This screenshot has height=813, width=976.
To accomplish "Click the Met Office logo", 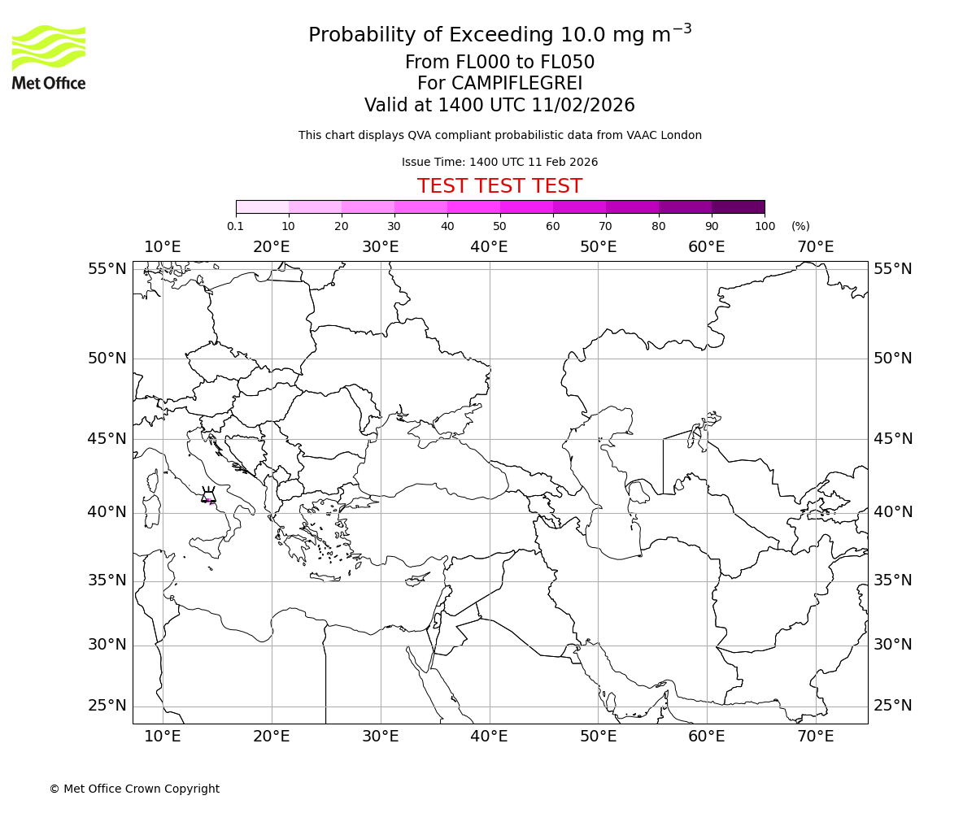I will (49, 57).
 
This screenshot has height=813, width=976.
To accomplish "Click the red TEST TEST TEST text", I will (499, 186).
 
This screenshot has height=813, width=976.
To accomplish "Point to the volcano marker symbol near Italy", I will (209, 496).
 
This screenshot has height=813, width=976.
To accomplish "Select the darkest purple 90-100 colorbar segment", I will (738, 207).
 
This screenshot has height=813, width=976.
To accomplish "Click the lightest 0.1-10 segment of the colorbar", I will (263, 207).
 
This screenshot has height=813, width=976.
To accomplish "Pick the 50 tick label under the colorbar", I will (499, 226).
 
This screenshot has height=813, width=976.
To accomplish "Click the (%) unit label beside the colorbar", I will (800, 226).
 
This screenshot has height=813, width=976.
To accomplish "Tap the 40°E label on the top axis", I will (489, 247).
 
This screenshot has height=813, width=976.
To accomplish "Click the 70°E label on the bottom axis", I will (815, 737).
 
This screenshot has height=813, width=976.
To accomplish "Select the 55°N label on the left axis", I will (107, 269).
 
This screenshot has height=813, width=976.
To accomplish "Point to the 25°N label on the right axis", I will (893, 706).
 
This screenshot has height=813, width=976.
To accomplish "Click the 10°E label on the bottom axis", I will (163, 737).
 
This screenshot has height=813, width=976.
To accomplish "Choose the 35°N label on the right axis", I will (893, 580).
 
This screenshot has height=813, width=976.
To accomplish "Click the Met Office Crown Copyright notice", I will (134, 789).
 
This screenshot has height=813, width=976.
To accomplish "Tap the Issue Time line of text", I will (499, 162).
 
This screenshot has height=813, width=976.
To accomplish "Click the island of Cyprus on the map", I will (417, 580).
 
